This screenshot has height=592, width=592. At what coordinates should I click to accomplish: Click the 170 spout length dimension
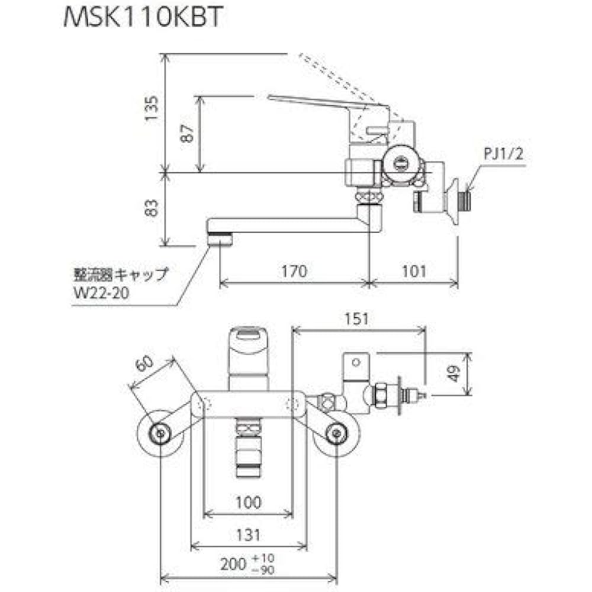coord(294,271)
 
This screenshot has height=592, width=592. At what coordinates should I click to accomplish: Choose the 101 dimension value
coord(414,271)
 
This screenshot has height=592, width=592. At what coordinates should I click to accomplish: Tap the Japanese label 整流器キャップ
coord(118,274)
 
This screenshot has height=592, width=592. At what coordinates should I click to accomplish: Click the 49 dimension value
coord(454,374)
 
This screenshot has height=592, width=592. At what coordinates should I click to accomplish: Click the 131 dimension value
coord(247,535)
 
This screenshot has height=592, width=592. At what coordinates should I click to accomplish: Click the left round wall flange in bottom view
coord(159,433)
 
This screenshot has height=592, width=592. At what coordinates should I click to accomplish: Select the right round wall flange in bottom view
coord(336,433)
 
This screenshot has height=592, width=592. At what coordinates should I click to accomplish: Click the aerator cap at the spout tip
coord(220,239)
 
